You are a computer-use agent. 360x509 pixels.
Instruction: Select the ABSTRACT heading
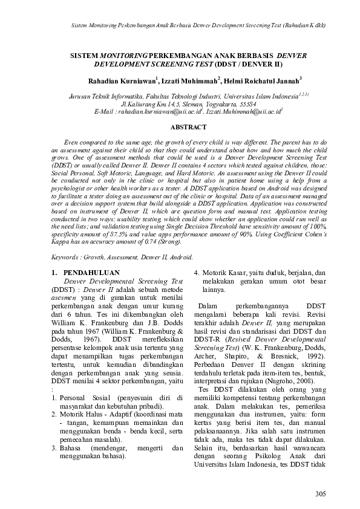click(x=188, y=127)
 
